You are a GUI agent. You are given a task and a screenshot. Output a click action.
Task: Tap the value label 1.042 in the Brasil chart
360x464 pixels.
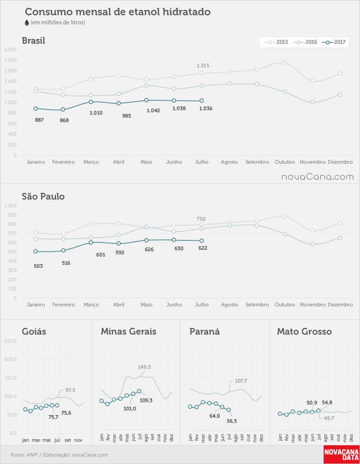coord(153,111)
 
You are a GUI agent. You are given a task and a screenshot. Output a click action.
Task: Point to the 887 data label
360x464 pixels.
coord(39,120)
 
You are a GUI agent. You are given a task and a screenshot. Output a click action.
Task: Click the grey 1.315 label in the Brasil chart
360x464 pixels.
coord(203,66)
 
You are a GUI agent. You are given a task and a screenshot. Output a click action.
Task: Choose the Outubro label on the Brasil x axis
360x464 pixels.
coord(285,162)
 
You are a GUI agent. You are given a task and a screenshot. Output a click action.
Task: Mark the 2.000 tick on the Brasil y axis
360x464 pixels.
coord(11,49)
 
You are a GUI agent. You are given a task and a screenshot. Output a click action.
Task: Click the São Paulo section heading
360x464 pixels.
coord(43,197)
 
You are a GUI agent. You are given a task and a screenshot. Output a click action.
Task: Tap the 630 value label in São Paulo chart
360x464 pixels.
coord(179,248)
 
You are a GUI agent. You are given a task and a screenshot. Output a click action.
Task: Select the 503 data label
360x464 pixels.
coord(38,266)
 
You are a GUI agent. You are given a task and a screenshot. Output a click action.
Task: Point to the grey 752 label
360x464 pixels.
coord(201,219)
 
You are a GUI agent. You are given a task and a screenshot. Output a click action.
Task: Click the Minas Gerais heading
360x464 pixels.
coord(128,332)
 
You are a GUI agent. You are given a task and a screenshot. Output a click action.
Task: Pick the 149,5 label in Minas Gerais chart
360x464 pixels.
coord(144,367)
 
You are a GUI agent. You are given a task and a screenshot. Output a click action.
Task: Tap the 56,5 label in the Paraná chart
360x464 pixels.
coord(232,421)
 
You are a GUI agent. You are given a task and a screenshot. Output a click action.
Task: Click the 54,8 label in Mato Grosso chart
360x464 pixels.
coord(327,402)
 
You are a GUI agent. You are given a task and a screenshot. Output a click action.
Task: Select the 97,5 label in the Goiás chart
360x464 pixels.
coord(70,390)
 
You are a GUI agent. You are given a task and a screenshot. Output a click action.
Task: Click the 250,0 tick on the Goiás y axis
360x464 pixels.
coord(10,341)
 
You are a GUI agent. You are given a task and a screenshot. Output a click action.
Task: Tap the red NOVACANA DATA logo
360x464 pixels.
coord(342,455)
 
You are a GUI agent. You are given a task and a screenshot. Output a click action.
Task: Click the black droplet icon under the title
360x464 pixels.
coord(27,22)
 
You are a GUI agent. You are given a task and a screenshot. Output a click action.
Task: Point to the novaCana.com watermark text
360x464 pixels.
coord(318,177)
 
